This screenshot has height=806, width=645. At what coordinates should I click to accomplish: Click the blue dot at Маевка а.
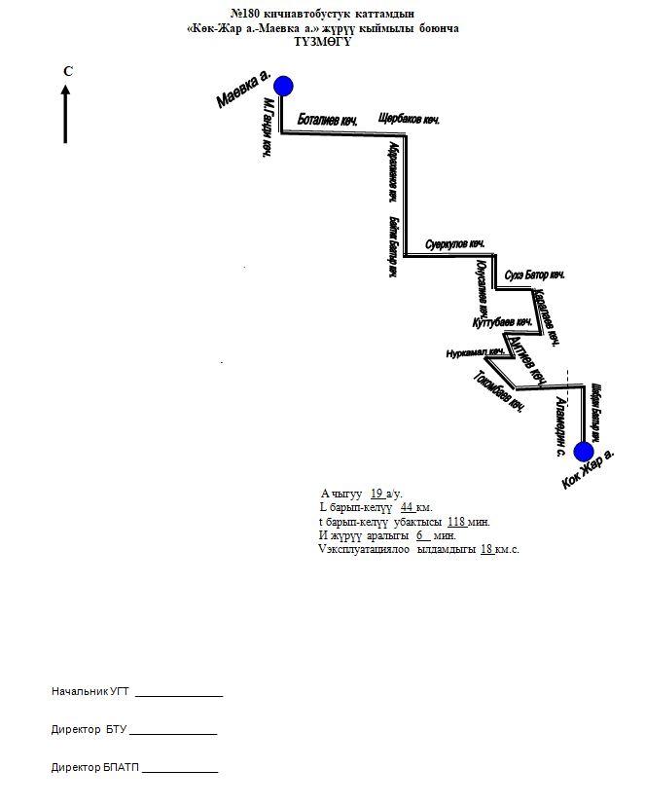(283, 87)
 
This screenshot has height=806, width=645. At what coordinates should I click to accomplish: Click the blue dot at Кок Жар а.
(584, 452)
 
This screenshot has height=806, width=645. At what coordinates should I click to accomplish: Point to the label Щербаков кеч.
(409, 120)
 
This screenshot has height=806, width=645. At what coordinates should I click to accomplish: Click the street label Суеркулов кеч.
(454, 243)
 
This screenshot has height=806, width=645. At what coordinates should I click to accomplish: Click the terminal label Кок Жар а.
(589, 469)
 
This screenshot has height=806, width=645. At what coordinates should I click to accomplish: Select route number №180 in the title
(247, 15)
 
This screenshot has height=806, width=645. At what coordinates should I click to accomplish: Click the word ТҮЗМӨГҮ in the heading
(322, 41)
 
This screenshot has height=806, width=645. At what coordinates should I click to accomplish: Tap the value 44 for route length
(408, 507)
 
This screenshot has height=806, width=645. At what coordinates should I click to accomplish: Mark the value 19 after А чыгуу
(377, 494)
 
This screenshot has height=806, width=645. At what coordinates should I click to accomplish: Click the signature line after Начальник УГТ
(179, 693)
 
